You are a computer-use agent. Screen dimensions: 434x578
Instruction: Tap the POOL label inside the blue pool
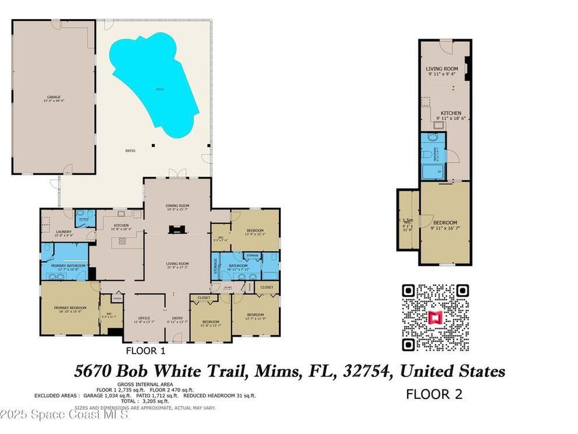tap(161, 89)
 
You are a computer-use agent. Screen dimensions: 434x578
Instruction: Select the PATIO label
tap(130, 151)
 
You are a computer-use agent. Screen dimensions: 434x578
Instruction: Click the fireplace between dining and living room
tap(177, 229)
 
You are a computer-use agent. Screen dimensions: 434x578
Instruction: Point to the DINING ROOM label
tap(177, 206)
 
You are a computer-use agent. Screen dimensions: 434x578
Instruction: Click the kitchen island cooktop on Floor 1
tap(120, 241)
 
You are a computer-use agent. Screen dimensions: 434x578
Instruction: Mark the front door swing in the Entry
tap(177, 337)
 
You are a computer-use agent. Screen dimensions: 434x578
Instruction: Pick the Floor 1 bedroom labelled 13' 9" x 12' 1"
tap(255, 231)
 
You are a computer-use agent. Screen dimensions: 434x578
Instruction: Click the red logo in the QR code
tap(435, 318)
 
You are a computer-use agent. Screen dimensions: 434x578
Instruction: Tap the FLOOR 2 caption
tap(434, 394)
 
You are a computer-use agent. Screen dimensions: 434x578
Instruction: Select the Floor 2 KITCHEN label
tap(449, 113)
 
